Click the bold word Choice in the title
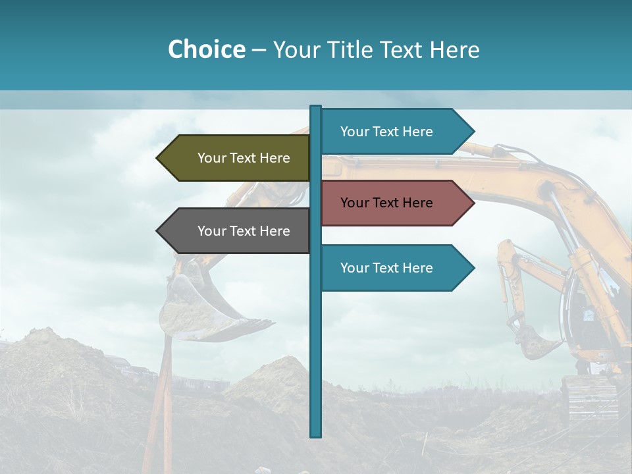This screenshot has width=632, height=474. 206,49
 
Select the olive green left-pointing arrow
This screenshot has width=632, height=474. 234,158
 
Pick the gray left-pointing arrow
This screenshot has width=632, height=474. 234,231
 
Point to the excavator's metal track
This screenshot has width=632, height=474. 589,398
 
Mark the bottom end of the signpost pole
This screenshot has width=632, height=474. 316,434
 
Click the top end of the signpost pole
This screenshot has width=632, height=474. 316,107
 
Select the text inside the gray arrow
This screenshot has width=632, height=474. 244,231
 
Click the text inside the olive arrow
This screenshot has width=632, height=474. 244,158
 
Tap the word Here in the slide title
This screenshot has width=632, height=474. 454,49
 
